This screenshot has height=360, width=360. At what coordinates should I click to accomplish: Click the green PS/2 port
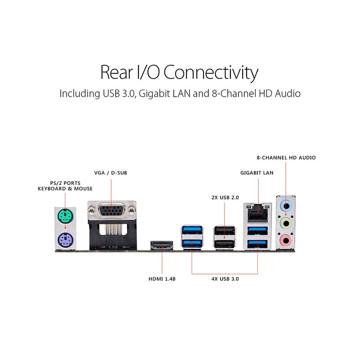(65, 216)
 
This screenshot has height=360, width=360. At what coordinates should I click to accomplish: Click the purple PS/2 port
(65, 240)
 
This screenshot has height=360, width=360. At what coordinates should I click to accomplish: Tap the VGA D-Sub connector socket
(111, 210)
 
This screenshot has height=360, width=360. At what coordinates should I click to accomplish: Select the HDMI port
(162, 245)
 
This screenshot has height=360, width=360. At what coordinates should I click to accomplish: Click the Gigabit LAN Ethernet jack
(257, 213)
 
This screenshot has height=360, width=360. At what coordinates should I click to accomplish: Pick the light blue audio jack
(286, 206)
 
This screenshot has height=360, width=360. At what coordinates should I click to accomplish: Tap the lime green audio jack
(286, 223)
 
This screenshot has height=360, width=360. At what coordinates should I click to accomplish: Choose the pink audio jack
(286, 241)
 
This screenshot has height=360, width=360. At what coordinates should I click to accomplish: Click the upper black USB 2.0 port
(225, 230)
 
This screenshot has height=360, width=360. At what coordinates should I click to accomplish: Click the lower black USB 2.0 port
(225, 243)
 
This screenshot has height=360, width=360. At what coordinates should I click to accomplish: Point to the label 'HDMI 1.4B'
(162, 279)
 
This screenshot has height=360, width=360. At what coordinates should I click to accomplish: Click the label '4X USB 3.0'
(225, 279)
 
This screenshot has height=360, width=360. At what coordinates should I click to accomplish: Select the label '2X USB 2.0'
(225, 198)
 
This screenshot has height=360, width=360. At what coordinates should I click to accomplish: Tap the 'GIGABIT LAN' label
(257, 173)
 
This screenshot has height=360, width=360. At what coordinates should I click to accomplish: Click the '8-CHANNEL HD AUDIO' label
(286, 158)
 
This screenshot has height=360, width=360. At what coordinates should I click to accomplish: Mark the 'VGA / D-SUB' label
(111, 173)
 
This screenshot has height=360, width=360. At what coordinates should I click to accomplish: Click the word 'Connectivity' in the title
(211, 73)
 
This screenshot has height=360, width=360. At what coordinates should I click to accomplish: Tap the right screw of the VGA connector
(131, 210)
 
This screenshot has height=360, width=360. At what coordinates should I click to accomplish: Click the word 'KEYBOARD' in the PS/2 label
(52, 189)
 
